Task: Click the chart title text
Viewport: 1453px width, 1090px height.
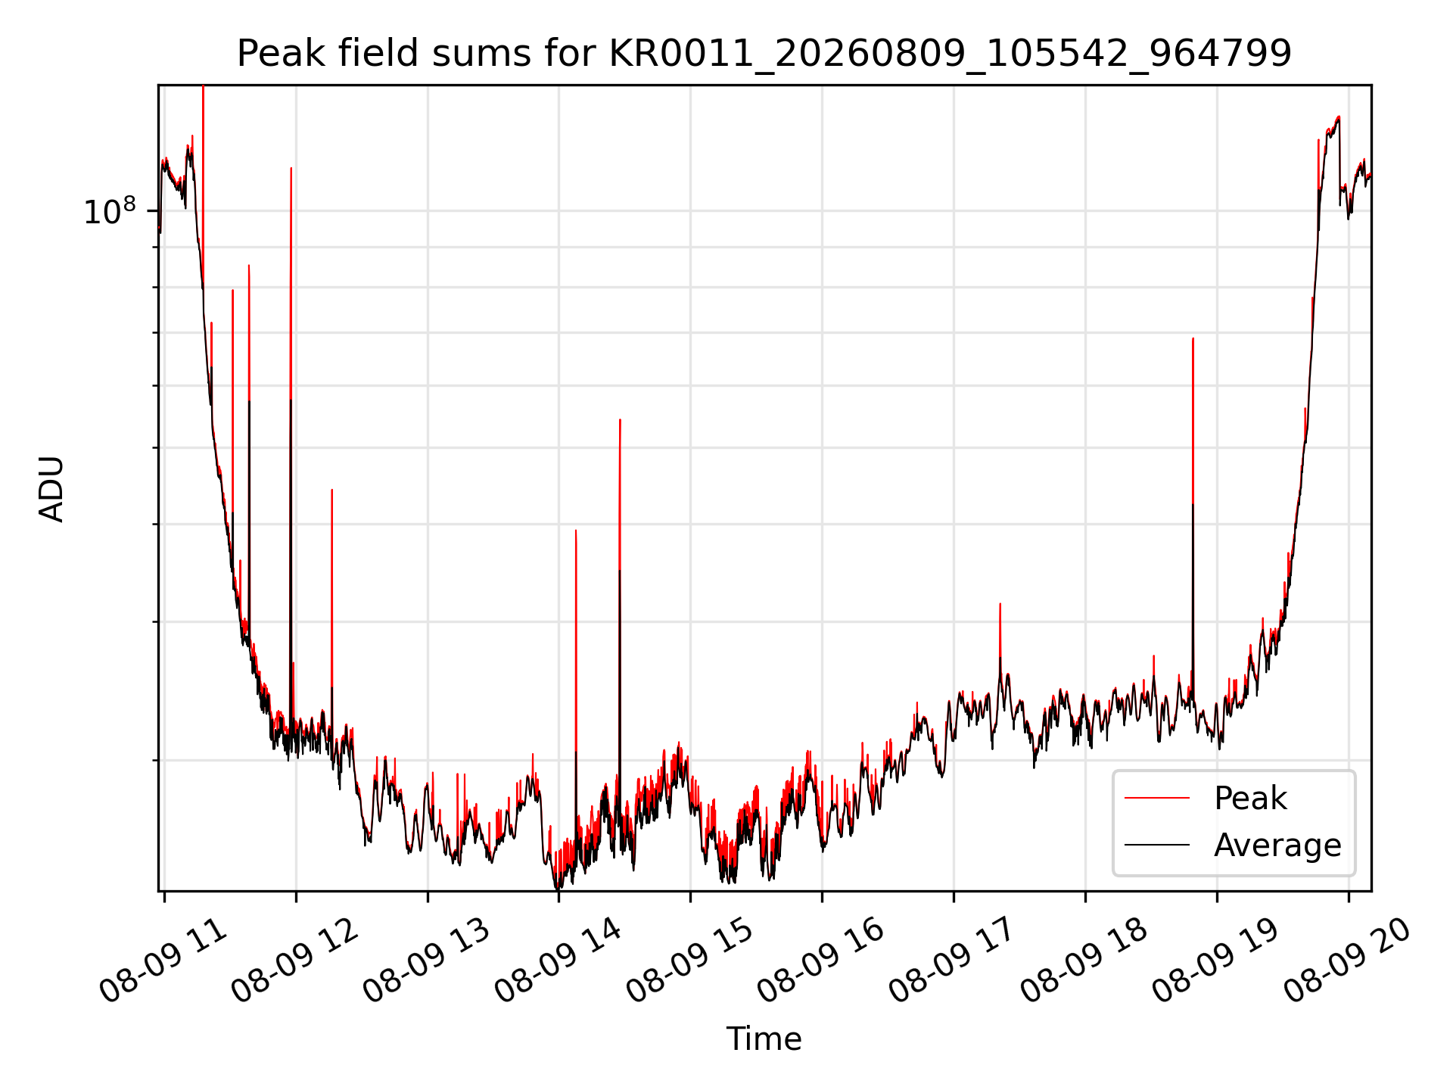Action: tap(764, 54)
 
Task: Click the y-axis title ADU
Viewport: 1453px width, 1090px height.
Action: tap(51, 488)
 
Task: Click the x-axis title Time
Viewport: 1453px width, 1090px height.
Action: tap(764, 1039)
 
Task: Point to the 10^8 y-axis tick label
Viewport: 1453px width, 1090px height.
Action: tap(110, 211)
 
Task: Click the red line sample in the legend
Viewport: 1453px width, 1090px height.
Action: tap(1157, 798)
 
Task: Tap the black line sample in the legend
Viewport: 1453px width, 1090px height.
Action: tap(1157, 845)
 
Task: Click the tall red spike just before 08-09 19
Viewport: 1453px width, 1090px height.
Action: tap(1193, 515)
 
